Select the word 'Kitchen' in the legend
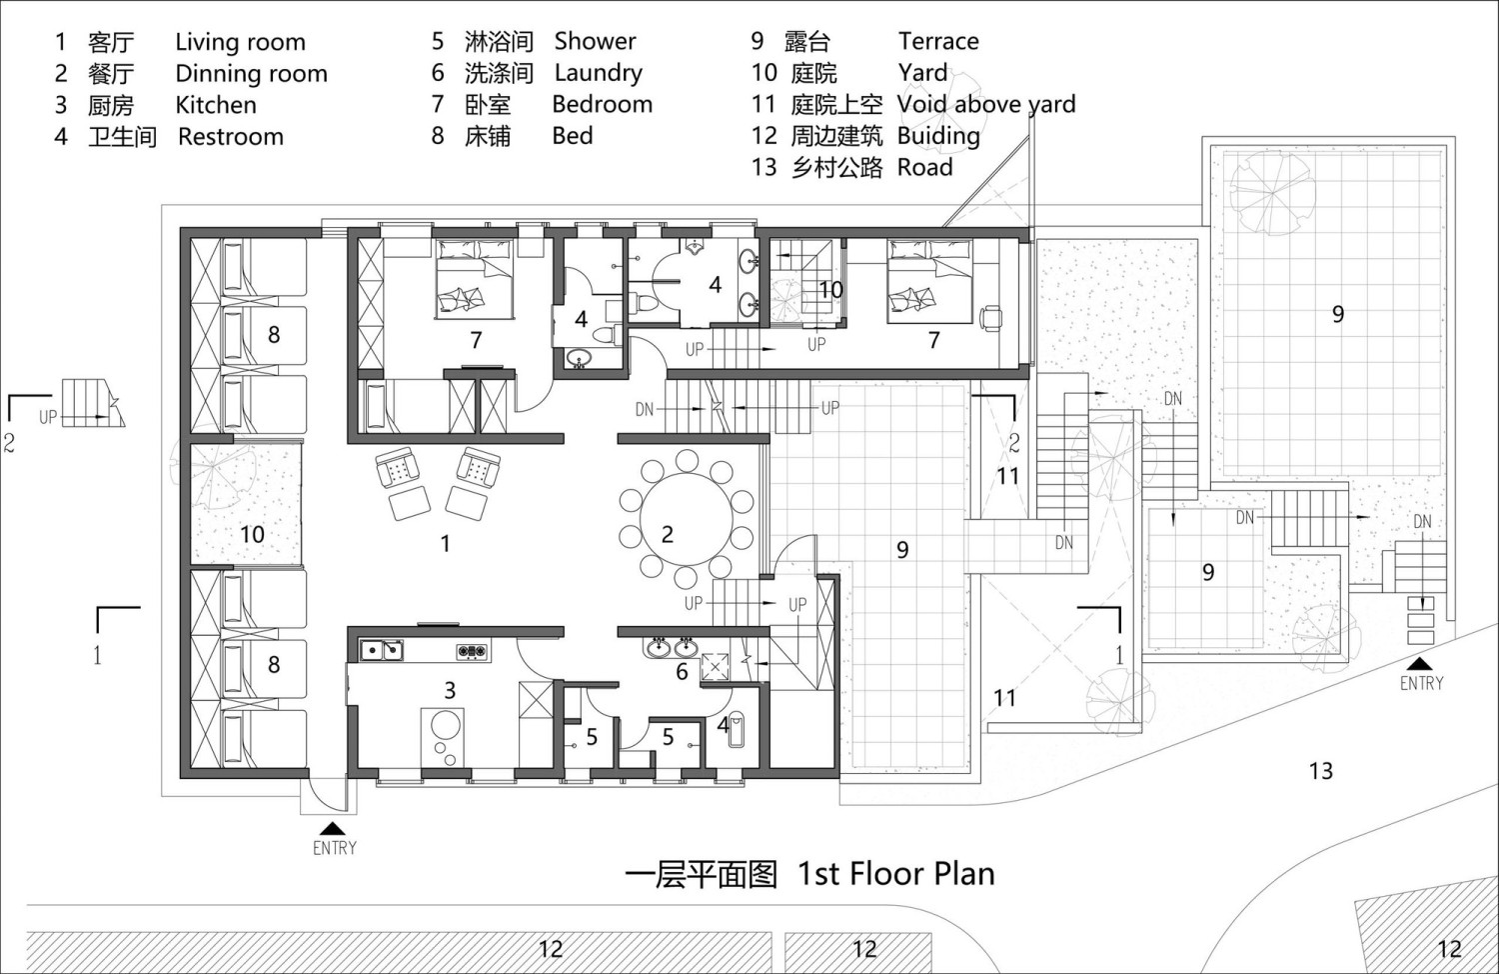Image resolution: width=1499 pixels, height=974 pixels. [x=216, y=105]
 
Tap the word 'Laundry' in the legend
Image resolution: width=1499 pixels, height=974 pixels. [x=599, y=73]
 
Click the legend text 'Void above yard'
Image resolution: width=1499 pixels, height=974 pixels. [x=985, y=104]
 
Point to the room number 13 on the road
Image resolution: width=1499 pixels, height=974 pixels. [x=1320, y=771]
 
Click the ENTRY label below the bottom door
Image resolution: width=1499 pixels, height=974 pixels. [x=335, y=848]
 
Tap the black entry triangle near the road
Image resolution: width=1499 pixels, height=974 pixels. [x=1420, y=663]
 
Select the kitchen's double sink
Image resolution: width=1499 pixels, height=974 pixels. [x=382, y=649]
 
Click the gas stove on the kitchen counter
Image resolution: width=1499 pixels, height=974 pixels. [x=473, y=650]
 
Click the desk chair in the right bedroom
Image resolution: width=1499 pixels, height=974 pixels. [x=991, y=318]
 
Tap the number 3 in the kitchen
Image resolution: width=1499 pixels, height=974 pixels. [x=450, y=690]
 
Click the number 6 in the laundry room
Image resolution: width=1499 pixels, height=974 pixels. [x=682, y=671]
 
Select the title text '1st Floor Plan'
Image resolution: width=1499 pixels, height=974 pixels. [x=896, y=874]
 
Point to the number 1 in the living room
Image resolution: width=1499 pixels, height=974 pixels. [x=445, y=544]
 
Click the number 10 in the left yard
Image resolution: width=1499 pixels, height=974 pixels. [x=252, y=534]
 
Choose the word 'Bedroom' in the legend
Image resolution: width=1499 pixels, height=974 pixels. [x=603, y=104]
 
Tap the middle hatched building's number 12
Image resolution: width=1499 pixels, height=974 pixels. [x=864, y=949]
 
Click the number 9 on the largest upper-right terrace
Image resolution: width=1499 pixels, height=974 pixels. [x=1338, y=314]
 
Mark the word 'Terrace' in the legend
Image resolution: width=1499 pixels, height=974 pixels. [x=938, y=42]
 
